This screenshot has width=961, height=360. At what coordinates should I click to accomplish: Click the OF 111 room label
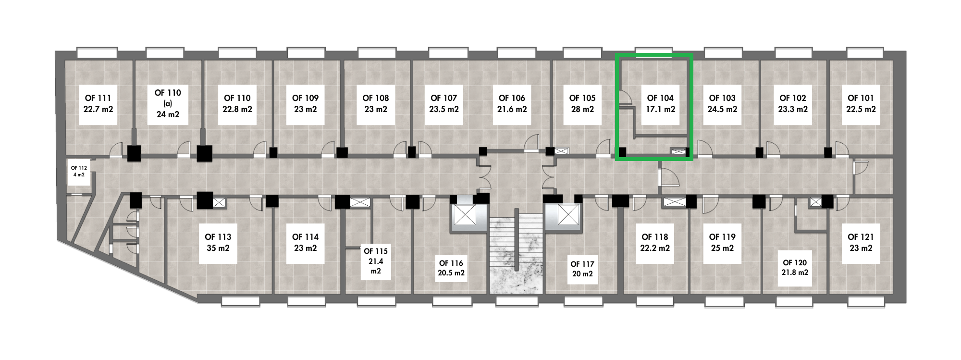(x=98, y=103)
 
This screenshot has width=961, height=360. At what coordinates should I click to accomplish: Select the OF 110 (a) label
(x=168, y=103)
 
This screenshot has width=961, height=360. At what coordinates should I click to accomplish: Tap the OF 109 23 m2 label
(x=305, y=103)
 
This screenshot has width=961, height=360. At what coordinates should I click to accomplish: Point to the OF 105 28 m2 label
(x=582, y=103)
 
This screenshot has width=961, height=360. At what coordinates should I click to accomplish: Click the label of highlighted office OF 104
(x=660, y=103)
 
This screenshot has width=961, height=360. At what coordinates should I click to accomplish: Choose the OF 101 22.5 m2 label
(x=861, y=103)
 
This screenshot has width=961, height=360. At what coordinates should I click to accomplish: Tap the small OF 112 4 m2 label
(x=79, y=171)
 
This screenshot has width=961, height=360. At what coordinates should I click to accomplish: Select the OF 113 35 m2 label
(x=218, y=243)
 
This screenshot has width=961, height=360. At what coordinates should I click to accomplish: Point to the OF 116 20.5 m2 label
(x=451, y=268)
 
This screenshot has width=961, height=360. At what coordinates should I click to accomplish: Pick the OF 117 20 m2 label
(x=582, y=269)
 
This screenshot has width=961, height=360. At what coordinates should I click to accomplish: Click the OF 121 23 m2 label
(x=861, y=243)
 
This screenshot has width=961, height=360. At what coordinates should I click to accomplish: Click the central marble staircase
(x=516, y=255)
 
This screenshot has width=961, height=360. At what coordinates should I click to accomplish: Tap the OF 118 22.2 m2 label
(x=654, y=243)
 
